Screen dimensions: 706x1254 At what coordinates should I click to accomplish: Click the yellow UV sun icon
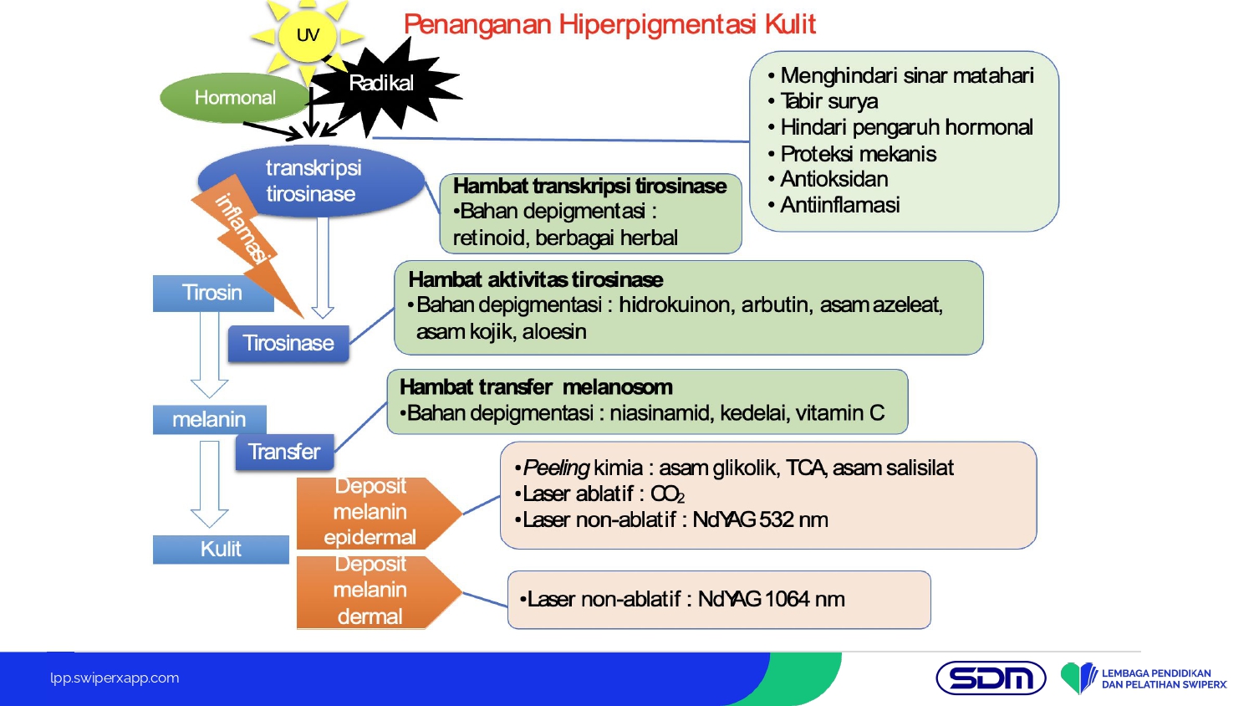[307, 35]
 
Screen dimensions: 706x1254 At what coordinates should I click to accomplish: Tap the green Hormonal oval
[234, 98]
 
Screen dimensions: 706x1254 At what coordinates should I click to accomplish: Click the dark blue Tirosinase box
[288, 343]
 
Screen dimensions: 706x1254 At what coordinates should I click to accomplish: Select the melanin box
[209, 419]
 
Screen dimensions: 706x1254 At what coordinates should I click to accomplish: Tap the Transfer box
[284, 452]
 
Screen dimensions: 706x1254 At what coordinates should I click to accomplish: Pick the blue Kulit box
[221, 549]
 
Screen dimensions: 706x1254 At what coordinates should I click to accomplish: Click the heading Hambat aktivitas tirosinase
[535, 279]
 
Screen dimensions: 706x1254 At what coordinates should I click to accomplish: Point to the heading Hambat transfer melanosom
[536, 386]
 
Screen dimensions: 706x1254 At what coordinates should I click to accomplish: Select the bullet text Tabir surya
[828, 101]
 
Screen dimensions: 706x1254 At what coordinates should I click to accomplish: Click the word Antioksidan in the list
[833, 179]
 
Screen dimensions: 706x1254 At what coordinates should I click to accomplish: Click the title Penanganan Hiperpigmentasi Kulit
[609, 24]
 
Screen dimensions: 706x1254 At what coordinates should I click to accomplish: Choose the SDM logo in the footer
[991, 678]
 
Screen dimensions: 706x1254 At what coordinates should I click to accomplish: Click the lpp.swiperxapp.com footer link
[115, 678]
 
